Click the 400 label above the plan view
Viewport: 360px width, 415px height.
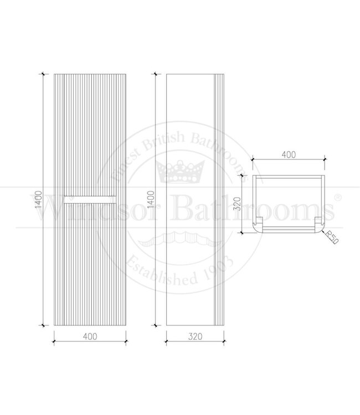[x=288, y=155]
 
